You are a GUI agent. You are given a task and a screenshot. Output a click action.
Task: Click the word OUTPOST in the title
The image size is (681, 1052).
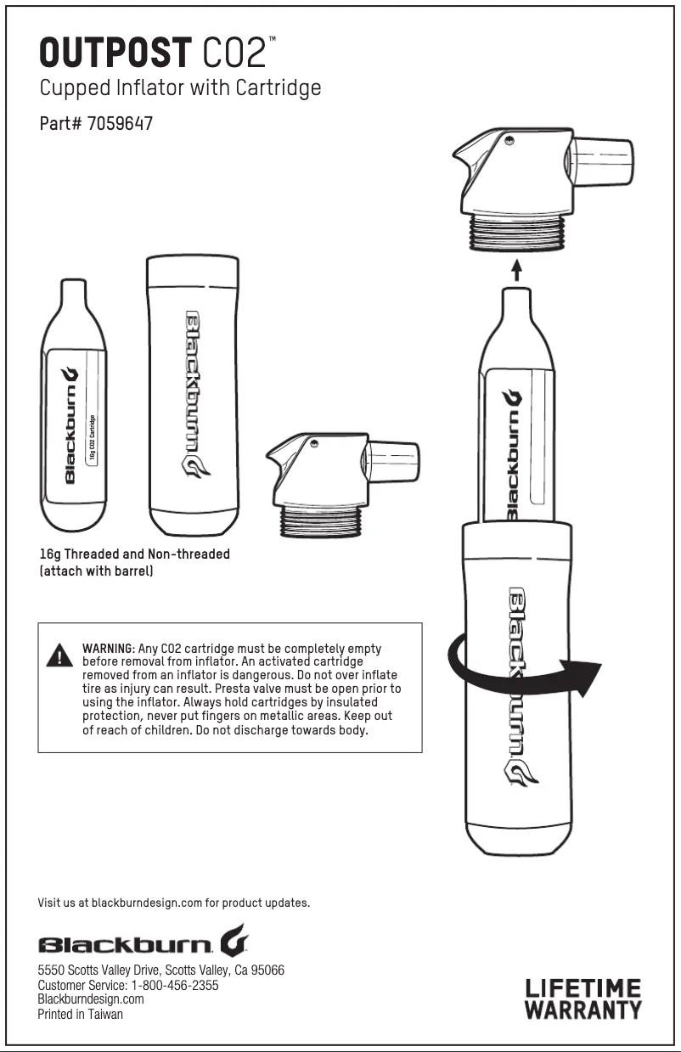click(115, 53)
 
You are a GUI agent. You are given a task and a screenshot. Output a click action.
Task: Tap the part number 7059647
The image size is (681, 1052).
click(120, 123)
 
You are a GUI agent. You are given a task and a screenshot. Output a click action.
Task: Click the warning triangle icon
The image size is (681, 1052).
click(59, 655)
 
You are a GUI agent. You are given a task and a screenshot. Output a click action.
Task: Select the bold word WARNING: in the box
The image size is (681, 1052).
click(109, 649)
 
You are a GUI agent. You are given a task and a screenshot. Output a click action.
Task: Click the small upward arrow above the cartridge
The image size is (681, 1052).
click(516, 270)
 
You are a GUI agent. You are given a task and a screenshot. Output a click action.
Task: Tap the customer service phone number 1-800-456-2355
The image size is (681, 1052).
click(175, 985)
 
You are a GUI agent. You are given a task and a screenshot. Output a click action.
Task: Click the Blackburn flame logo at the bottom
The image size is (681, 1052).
click(234, 940)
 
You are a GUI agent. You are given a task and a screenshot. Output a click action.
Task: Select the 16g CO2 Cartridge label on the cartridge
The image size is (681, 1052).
click(92, 440)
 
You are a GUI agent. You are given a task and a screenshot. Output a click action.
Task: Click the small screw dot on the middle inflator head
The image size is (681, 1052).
click(313, 442)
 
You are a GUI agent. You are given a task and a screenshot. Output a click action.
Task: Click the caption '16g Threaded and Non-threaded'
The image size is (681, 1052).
click(135, 554)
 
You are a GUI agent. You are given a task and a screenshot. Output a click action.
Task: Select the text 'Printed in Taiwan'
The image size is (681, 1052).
click(81, 1015)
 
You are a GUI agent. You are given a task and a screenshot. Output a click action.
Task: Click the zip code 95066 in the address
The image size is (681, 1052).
click(267, 970)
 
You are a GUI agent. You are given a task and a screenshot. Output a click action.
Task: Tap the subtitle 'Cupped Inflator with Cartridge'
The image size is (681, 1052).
click(180, 88)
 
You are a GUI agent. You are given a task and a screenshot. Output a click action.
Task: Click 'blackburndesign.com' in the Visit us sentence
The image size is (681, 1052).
click(147, 903)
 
